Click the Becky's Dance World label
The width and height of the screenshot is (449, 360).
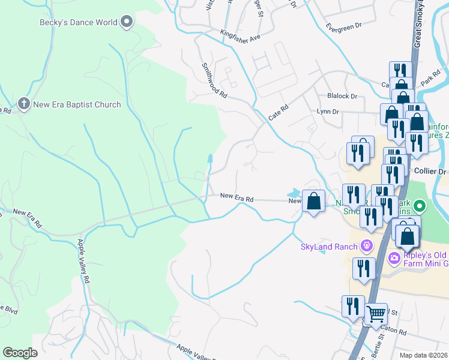pos(79,23)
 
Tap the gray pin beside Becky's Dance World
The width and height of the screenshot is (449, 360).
pos(126,23)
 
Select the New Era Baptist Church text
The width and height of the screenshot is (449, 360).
pos(78,104)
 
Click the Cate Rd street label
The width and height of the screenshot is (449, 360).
pos(279,112)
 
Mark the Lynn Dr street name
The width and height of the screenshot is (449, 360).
pos(328,112)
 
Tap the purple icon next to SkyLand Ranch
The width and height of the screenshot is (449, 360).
pos(366,246)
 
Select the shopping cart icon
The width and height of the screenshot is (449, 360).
pos(376,313)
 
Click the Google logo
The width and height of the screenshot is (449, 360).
pos(20,353)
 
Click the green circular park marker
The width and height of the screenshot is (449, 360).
pos(420,208)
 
